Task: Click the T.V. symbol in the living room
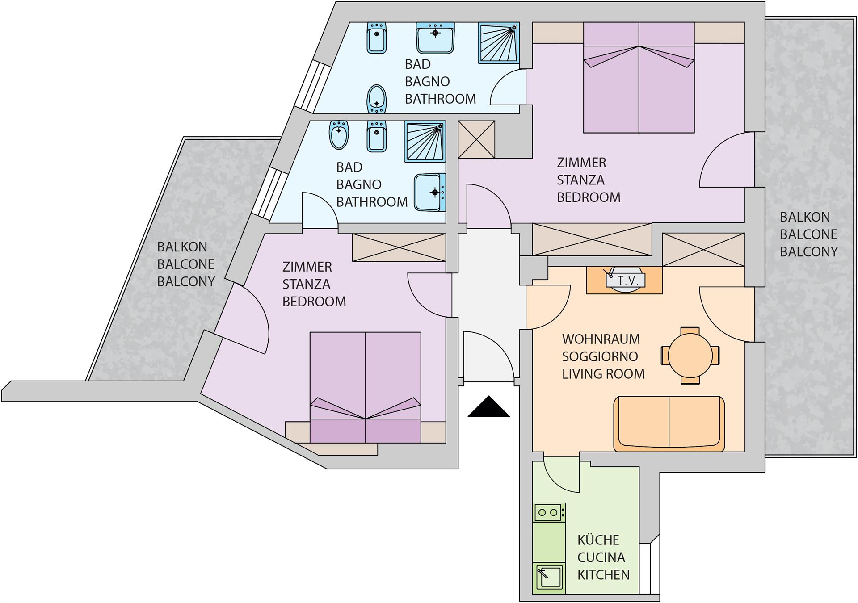pyautogui.click(x=625, y=280)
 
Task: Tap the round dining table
pyautogui.click(x=690, y=356)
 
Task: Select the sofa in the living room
pyautogui.click(x=669, y=423)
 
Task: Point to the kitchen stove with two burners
pyautogui.click(x=549, y=512)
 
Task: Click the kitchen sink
pyautogui.click(x=549, y=578)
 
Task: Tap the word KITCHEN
pyautogui.click(x=603, y=575)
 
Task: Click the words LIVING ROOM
pyautogui.click(x=603, y=374)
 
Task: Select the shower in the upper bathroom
pyautogui.click(x=499, y=42)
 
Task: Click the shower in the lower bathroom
pyautogui.click(x=425, y=141)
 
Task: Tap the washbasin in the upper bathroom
pyautogui.click(x=435, y=38)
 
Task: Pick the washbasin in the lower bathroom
pyautogui.click(x=430, y=193)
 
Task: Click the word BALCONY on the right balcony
pyautogui.click(x=809, y=252)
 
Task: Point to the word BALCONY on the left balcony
pyautogui.click(x=186, y=282)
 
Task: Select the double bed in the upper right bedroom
pyautogui.click(x=639, y=78)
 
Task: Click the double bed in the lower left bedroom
pyautogui.click(x=366, y=387)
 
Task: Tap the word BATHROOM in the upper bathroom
pyautogui.click(x=441, y=99)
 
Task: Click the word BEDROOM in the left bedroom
pyautogui.click(x=314, y=301)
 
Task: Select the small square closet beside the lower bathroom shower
pyautogui.click(x=477, y=139)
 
